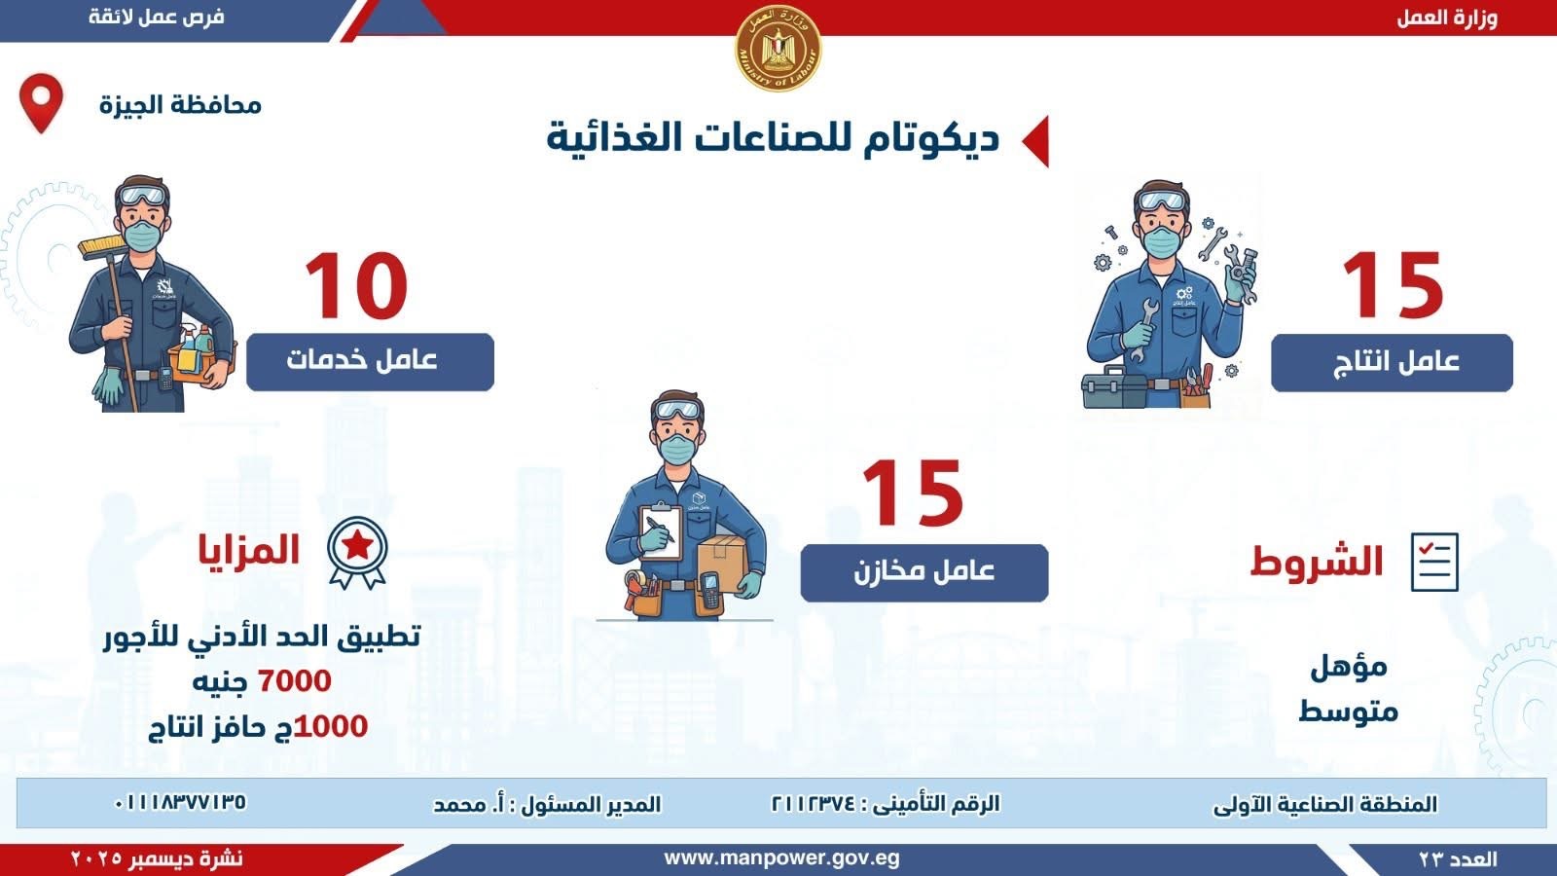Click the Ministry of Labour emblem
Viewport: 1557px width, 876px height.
[x=778, y=48]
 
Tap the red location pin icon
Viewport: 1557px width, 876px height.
[x=41, y=103]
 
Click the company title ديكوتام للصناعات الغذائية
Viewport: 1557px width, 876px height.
[x=773, y=137]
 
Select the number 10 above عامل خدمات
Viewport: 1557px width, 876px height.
[x=356, y=285]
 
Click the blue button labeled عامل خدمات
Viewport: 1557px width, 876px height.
[x=370, y=361]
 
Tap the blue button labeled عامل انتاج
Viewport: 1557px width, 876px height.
[x=1392, y=362]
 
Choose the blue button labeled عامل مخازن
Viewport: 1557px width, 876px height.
[x=923, y=572]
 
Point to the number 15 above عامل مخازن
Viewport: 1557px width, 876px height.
[x=912, y=493]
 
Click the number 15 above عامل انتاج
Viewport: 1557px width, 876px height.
[x=1393, y=285]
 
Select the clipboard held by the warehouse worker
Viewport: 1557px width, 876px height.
[x=660, y=531]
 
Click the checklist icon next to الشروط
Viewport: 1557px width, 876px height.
[x=1434, y=562]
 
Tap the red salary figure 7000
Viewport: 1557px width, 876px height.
[x=295, y=680]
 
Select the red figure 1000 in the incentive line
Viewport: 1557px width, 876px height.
[x=331, y=726]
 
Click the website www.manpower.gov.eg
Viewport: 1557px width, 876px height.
[x=781, y=858]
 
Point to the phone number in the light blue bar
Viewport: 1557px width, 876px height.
[x=180, y=802]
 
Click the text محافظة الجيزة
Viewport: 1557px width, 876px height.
[x=180, y=106]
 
